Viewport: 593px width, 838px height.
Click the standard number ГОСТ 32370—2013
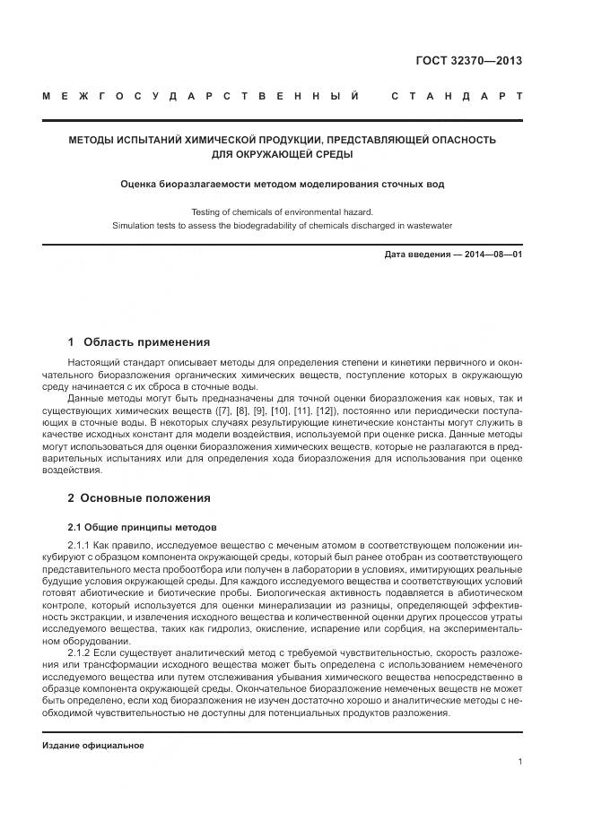coord(469,61)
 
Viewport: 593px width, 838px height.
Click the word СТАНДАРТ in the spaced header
coord(457,96)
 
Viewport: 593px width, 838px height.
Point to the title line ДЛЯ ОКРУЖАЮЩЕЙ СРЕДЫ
coord(282,154)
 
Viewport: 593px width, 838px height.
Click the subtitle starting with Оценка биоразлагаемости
coord(282,184)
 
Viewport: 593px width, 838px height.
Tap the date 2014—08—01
coord(491,255)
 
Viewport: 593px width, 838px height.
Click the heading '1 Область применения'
coord(139,341)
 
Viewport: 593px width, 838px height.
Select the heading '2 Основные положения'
coord(139,498)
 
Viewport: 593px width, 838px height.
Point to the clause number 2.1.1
coord(80,545)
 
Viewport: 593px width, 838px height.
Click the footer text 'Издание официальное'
coord(93,745)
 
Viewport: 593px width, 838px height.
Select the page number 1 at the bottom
coord(520,762)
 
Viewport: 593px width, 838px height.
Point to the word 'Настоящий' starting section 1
coord(91,361)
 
